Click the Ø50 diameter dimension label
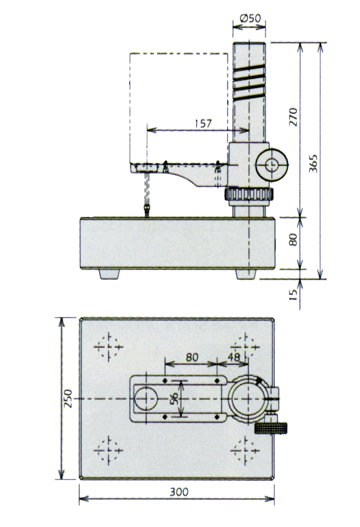pos(249,19)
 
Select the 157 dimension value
pos(203,124)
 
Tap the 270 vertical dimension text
pos(293,117)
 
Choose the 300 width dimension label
pos(178,492)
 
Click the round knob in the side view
pos(272,164)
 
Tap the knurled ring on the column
pos(249,195)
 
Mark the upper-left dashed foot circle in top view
pos(109,346)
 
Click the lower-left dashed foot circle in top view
pos(109,450)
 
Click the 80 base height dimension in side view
pos(293,240)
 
